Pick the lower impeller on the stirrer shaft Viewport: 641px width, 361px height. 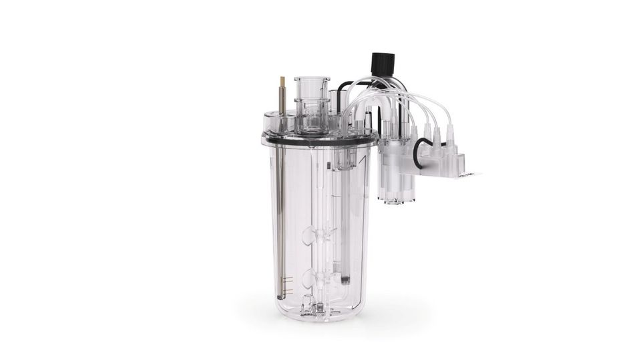[312, 277]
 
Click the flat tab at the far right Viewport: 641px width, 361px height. [470, 175]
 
